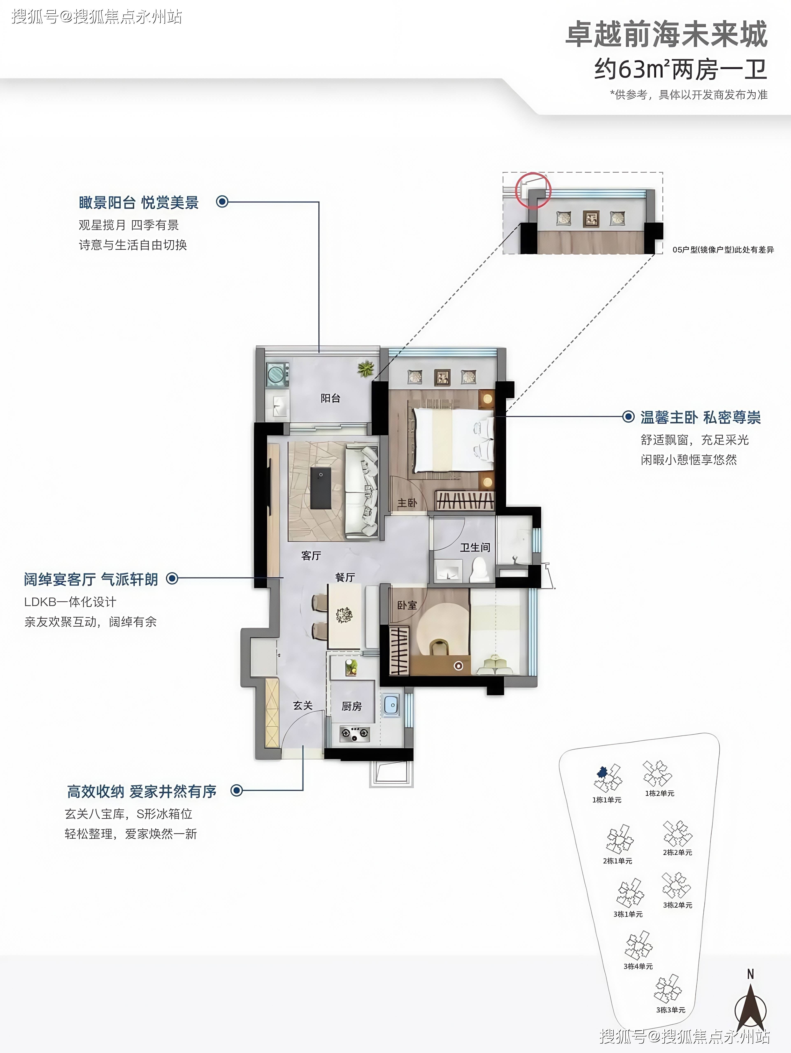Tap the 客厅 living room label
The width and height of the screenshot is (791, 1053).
click(x=311, y=555)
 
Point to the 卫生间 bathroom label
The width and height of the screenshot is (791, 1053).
click(x=475, y=547)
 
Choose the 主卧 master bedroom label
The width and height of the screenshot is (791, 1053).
click(x=407, y=503)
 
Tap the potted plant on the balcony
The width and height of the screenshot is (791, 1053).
click(x=366, y=368)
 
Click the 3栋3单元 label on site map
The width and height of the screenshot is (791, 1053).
click(x=670, y=1010)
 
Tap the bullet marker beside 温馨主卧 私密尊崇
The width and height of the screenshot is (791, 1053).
click(x=629, y=416)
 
